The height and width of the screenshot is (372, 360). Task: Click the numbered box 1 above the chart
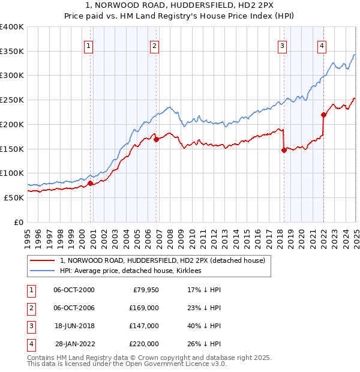pos(88,46)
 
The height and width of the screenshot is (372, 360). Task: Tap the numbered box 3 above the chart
pos(282,46)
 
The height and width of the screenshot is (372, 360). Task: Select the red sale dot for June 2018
pos(284,151)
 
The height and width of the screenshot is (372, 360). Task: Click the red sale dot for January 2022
pos(323,115)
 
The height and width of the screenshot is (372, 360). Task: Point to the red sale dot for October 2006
pos(156,140)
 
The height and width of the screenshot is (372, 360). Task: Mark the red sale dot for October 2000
pos(91,183)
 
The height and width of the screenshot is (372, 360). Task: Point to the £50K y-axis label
pos(14,197)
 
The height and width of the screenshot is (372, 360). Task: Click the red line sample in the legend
pos(43,260)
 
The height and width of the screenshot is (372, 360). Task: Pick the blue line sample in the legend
pos(43,271)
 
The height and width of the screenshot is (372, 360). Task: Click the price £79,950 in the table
pos(144,290)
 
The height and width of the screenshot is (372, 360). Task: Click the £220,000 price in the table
pos(144,344)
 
